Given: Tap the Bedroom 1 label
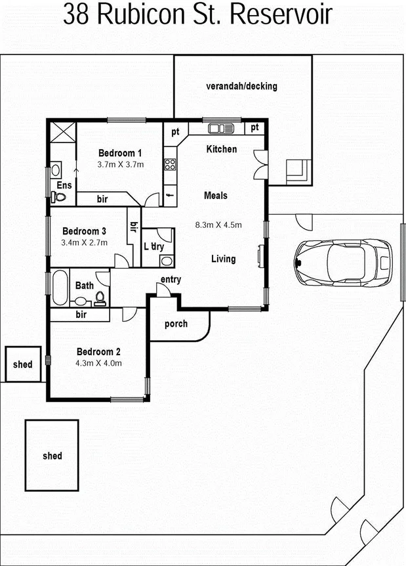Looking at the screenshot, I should coord(120,152).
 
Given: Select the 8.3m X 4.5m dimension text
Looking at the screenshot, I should coord(218,225).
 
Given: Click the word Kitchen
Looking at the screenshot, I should coord(222,149).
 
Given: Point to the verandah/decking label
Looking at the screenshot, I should coord(241,86).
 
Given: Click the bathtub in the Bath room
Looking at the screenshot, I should coord(60,288).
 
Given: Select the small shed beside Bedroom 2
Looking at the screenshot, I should coord(23,364).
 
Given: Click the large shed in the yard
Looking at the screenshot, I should coord(52,455).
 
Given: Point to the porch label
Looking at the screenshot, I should coord(176,324).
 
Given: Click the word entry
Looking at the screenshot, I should coord(170,280).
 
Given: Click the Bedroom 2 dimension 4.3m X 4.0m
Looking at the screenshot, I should coord(100,362).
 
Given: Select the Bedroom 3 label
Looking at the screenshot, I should coord(84,231).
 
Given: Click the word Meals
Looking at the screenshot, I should coord(216,195).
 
